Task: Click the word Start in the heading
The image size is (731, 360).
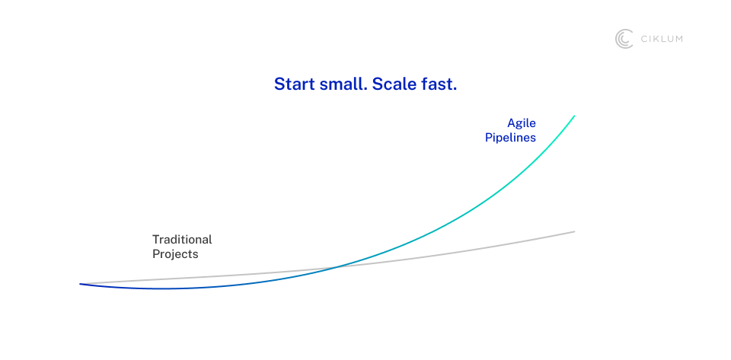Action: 295,84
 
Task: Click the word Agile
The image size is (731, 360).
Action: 522,124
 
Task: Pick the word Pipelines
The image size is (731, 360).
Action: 510,139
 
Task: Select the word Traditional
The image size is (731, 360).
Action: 182,240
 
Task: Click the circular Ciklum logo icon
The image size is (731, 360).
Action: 624,39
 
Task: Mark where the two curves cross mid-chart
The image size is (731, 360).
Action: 336,267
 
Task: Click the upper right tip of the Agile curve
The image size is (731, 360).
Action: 574,116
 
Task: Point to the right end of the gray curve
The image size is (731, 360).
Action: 574,231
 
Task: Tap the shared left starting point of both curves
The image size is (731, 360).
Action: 80,284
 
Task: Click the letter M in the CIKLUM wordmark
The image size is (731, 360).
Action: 678,39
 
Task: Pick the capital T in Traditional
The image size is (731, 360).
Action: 156,240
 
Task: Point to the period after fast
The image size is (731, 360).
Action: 455,90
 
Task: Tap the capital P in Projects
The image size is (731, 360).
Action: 156,255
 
